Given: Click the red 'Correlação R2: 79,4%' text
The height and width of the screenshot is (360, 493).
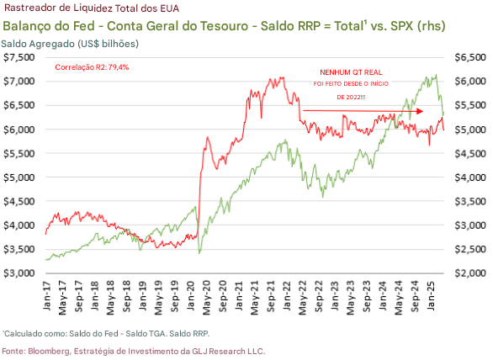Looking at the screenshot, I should (x=93, y=66).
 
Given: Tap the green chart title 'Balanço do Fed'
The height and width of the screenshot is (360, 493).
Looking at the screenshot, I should (x=51, y=25).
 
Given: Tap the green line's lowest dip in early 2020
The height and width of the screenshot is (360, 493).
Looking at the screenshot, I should (x=199, y=252).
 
